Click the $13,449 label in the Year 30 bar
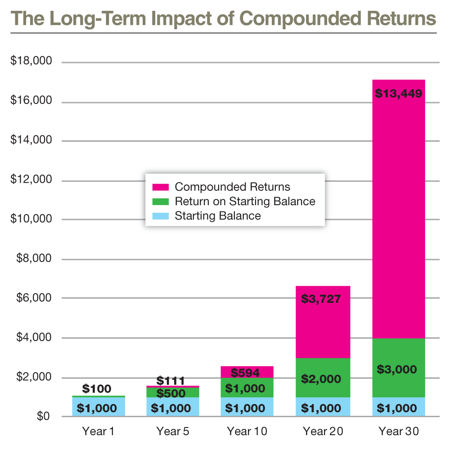tap(398, 94)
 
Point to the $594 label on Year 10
tap(245, 373)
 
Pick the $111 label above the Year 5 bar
tap(171, 381)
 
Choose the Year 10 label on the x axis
tap(247, 432)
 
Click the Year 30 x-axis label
tap(399, 432)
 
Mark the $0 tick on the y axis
tap(43, 416)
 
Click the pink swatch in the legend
tap(161, 187)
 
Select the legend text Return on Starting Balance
tap(245, 201)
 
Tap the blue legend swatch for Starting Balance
tap(161, 216)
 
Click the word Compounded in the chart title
tap(299, 19)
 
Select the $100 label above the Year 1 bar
tap(97, 389)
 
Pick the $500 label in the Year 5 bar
tap(171, 394)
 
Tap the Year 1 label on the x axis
tap(98, 432)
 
